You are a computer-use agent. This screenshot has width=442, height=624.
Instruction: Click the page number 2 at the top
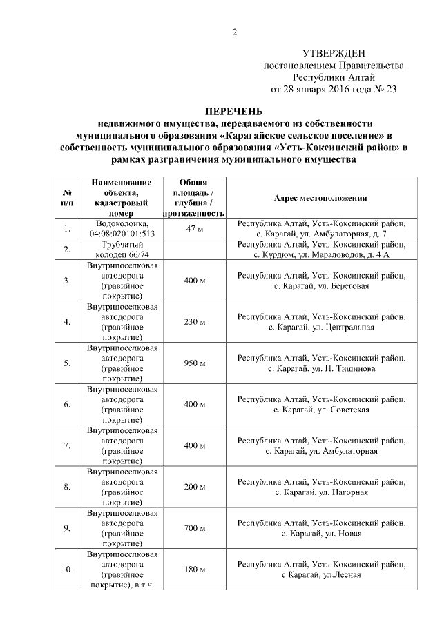pos(234,32)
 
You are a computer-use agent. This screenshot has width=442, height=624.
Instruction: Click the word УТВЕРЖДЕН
pos(334,53)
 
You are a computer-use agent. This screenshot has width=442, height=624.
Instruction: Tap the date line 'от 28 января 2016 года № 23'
pos(334,90)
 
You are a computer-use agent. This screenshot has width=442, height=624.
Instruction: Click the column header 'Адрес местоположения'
pos(320,198)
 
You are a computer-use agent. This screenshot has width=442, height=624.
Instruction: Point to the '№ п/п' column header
pos(67,198)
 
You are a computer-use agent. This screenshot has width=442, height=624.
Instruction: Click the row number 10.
pos(67,570)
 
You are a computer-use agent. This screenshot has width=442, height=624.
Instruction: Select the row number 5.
pos(67,363)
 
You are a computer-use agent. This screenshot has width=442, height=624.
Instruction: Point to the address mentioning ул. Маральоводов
pos(320,249)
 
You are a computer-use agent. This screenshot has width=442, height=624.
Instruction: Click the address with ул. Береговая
pos(320,281)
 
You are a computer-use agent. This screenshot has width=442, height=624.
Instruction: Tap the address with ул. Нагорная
pos(320,487)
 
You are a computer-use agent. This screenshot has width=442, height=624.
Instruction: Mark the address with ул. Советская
pos(320,405)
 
